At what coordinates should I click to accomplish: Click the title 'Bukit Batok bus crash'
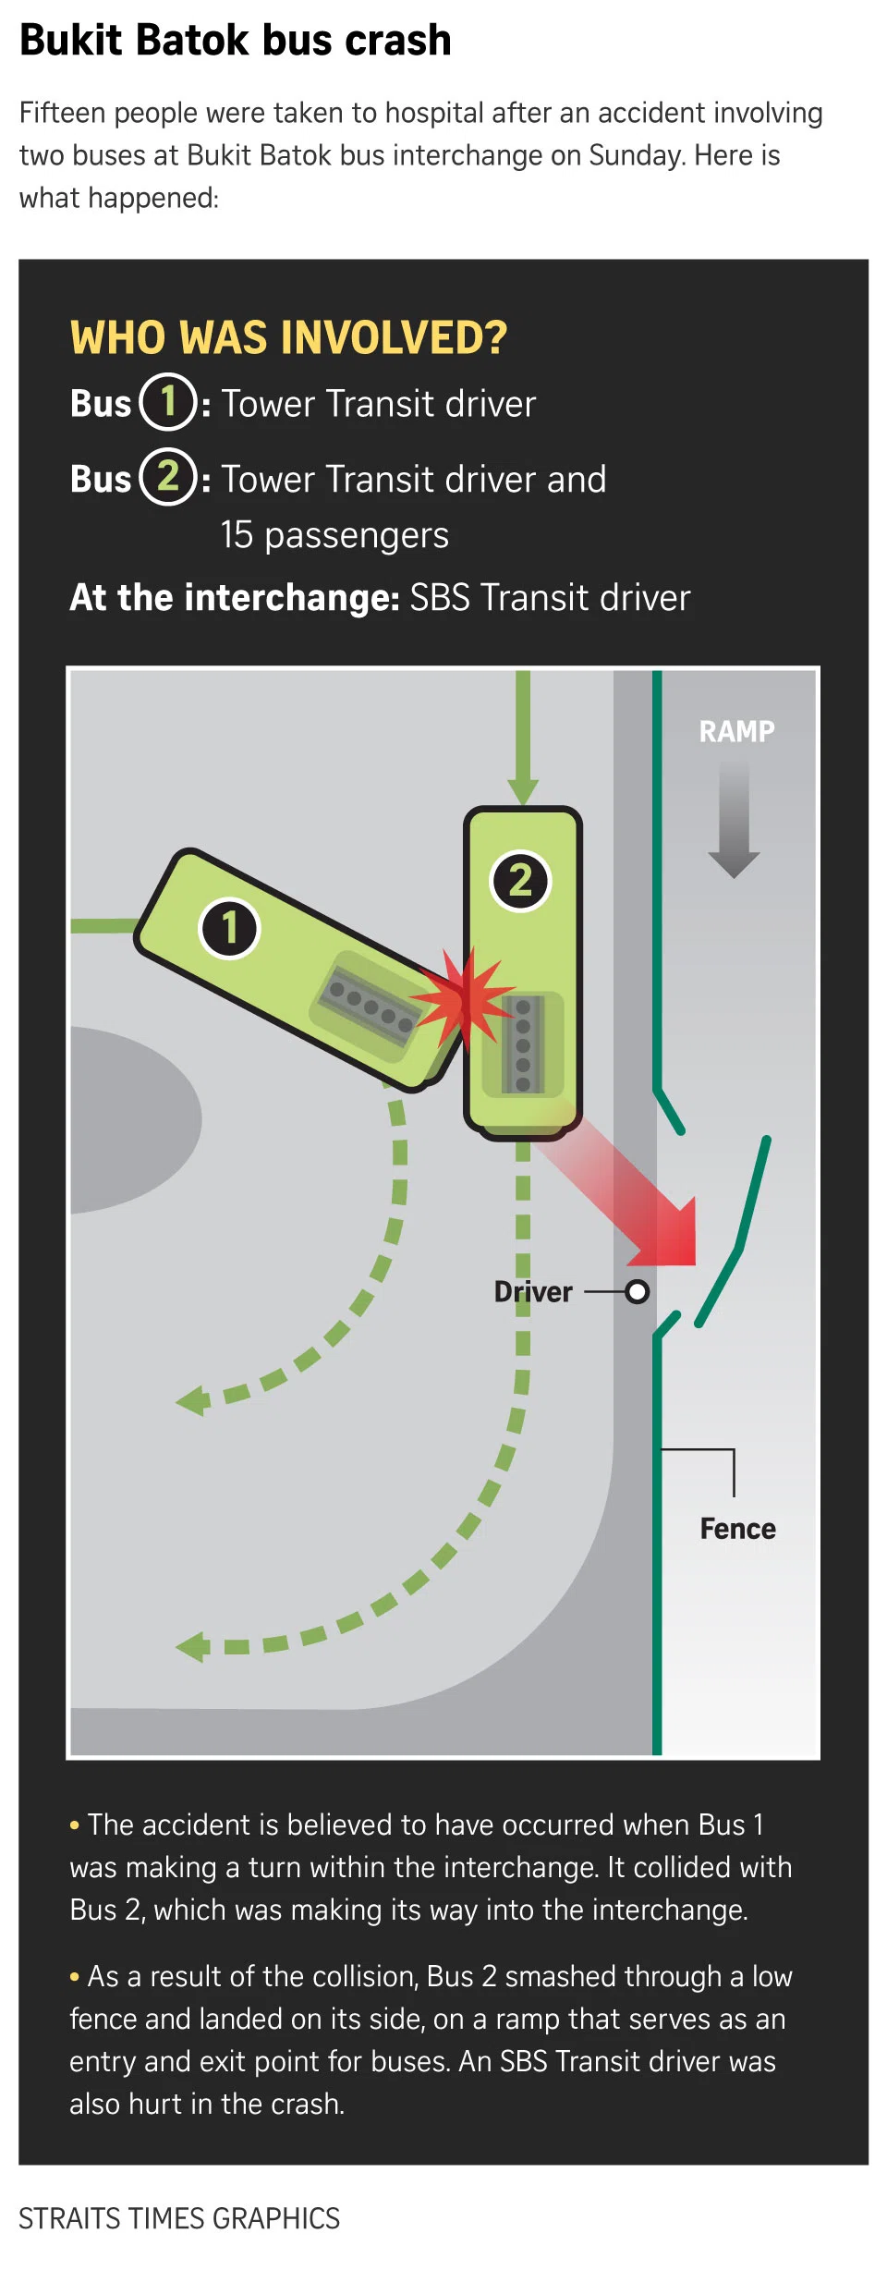pyautogui.click(x=236, y=41)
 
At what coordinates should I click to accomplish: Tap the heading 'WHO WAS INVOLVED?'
pyautogui.click(x=288, y=337)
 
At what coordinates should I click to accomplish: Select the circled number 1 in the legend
pyautogui.click(x=168, y=402)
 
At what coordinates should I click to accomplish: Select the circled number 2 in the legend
pyautogui.click(x=168, y=477)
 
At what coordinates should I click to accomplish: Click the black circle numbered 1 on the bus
pyautogui.click(x=229, y=928)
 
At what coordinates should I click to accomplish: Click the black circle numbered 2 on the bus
pyautogui.click(x=520, y=880)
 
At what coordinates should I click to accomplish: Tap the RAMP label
pyautogui.click(x=736, y=731)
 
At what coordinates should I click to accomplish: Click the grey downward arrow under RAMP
pyautogui.click(x=734, y=823)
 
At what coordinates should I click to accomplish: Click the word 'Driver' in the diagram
pyautogui.click(x=533, y=1291)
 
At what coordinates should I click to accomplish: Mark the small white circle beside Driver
pyautogui.click(x=637, y=1291)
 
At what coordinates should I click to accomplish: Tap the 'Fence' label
pyautogui.click(x=737, y=1529)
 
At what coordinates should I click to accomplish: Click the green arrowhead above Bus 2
pyautogui.click(x=523, y=790)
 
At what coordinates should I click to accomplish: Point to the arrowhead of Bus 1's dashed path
pyautogui.click(x=193, y=1401)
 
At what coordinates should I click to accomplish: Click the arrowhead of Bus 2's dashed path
pyautogui.click(x=193, y=1646)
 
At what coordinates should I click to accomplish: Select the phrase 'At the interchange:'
pyautogui.click(x=235, y=598)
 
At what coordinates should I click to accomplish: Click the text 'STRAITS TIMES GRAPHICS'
pyautogui.click(x=179, y=2218)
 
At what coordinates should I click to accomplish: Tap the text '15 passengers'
pyautogui.click(x=334, y=535)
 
